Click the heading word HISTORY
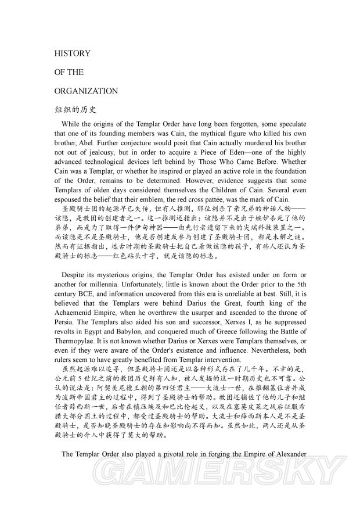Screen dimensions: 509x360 point(72,53)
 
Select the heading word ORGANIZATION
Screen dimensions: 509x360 point(85,91)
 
